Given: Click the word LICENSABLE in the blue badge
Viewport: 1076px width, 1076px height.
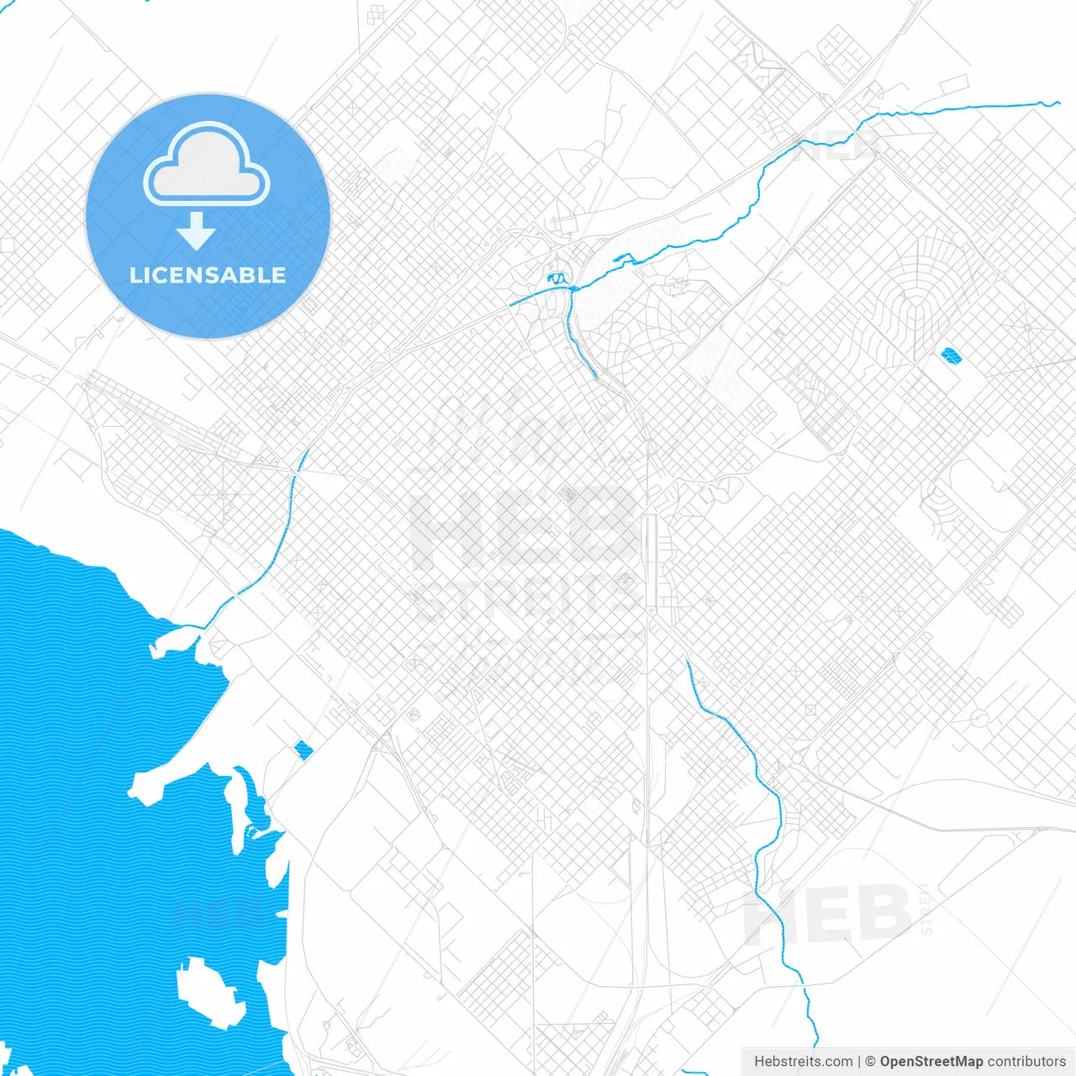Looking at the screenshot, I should [x=208, y=275].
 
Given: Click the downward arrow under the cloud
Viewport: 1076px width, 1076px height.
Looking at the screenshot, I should [x=197, y=231].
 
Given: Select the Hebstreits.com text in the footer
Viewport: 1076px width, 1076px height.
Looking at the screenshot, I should [x=803, y=1062].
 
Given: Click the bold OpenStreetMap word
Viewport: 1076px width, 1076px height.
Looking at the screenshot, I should [x=931, y=1062].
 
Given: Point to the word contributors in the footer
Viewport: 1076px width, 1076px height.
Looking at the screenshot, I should [x=1026, y=1062].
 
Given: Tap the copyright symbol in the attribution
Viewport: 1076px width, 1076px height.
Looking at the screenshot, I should [x=870, y=1062].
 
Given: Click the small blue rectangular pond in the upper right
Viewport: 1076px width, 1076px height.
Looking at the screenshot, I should [x=952, y=356].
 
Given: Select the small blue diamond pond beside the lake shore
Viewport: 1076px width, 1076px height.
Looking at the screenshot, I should [x=303, y=749].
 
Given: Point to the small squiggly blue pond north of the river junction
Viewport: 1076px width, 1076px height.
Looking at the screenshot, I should [x=556, y=277].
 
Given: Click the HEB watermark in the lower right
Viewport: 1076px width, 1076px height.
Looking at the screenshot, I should [x=828, y=915].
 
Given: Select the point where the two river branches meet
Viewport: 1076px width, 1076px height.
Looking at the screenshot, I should [x=572, y=289].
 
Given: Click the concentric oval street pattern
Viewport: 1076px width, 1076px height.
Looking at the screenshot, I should [x=914, y=315].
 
